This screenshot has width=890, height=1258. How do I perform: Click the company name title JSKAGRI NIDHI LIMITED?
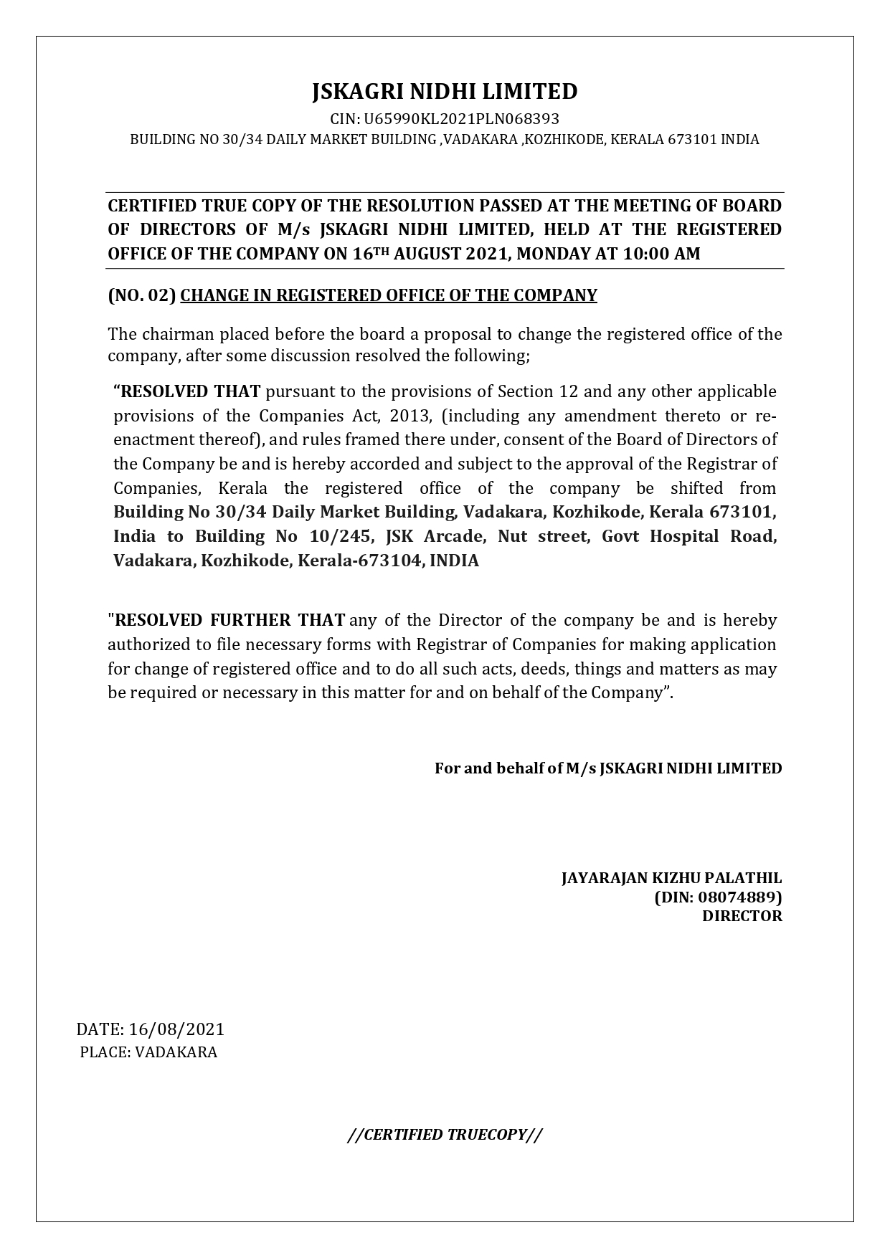click(x=445, y=92)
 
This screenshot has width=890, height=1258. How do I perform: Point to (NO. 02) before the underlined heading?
click(x=142, y=295)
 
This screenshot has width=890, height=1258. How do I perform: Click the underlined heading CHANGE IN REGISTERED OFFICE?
click(x=388, y=295)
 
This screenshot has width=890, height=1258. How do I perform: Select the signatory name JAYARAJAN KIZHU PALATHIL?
click(x=671, y=878)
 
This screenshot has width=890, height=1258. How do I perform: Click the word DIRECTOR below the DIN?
click(x=742, y=916)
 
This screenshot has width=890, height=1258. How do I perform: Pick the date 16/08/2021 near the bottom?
click(x=176, y=1029)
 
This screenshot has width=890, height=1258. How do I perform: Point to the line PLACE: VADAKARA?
click(x=148, y=1052)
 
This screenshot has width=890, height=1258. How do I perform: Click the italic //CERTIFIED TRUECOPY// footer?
click(x=445, y=1135)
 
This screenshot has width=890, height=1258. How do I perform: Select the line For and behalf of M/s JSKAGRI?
click(x=608, y=768)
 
